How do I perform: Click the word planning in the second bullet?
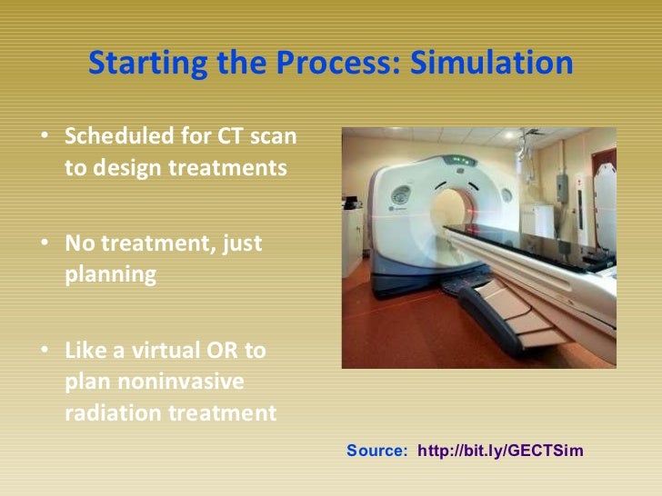(104, 274)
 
